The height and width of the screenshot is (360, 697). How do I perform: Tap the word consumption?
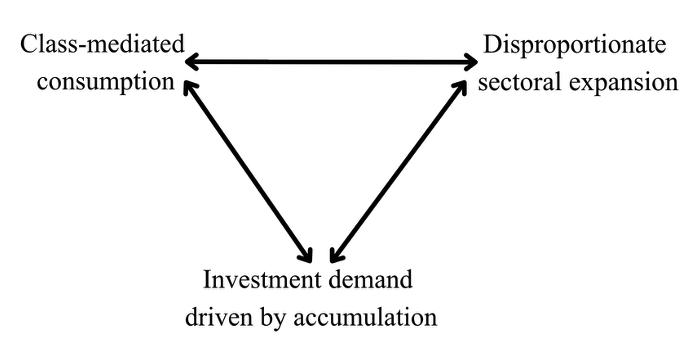tap(98, 80)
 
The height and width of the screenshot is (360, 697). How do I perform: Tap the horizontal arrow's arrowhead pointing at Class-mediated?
tap(190, 64)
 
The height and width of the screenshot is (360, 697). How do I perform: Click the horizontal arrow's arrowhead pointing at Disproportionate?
tap(473, 64)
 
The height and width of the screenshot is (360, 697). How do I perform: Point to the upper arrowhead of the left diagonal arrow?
tap(188, 88)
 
